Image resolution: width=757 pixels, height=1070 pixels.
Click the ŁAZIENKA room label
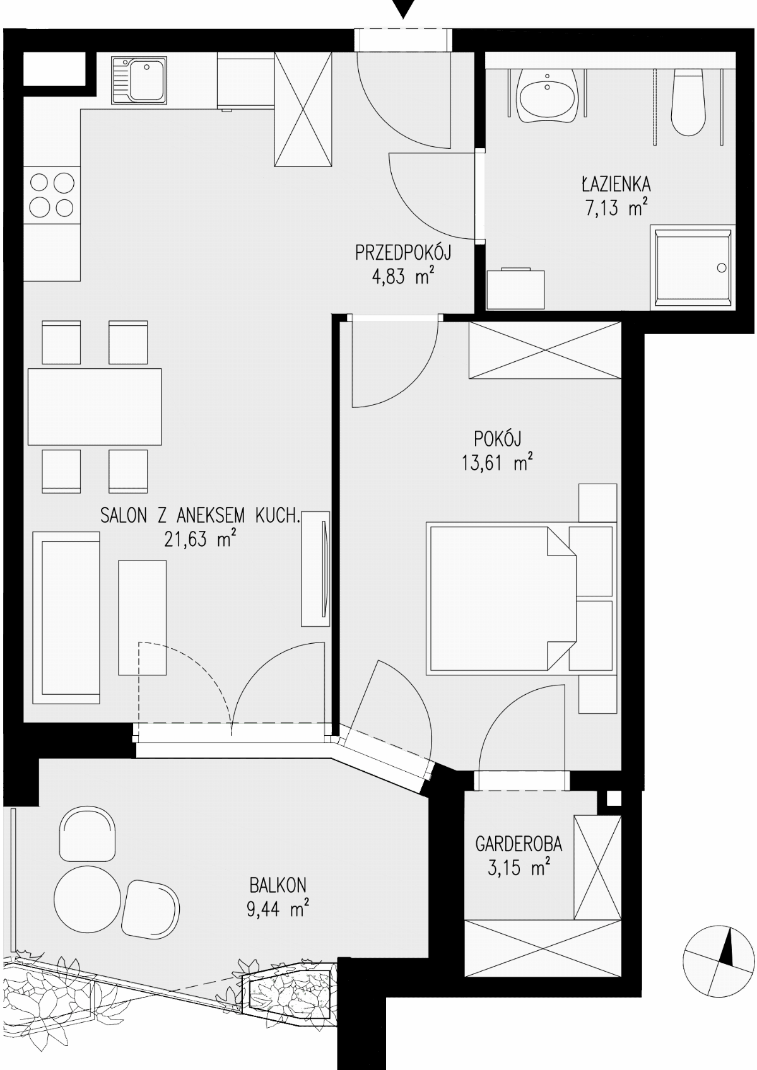coord(616,183)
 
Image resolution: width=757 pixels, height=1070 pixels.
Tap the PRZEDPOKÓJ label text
coord(403,253)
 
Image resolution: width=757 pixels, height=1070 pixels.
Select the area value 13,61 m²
coord(498,462)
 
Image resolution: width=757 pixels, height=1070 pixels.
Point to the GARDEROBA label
coord(519,844)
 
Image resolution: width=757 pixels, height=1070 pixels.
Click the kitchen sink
coord(140,81)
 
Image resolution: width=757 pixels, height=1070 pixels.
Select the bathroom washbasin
coord(547,96)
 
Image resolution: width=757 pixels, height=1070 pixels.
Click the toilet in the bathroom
coord(689,102)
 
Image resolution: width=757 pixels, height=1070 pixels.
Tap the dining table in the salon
coord(95,407)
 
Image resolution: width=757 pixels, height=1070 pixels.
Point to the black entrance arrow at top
coord(403,9)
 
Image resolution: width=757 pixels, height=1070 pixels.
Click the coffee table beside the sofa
coord(143,618)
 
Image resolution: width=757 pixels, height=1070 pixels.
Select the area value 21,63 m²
coord(201,539)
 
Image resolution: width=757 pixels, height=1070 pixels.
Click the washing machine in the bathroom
coord(515,289)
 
